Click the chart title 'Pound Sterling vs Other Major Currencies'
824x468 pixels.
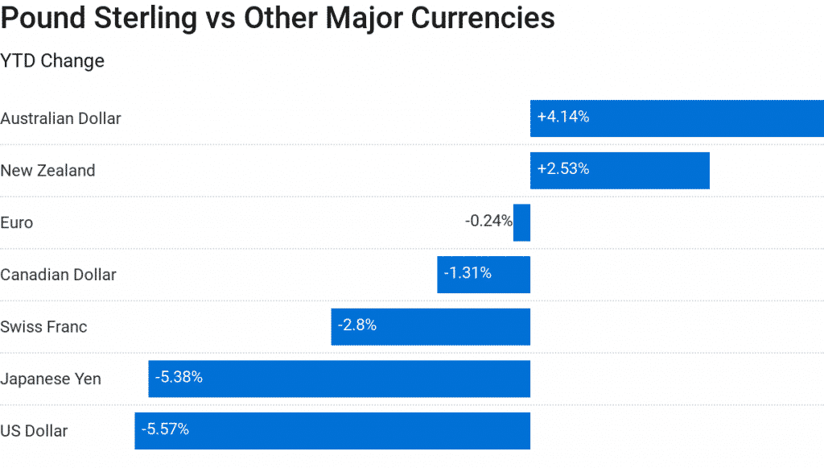278,18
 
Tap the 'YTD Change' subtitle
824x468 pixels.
52,60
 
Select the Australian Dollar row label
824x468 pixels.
60,118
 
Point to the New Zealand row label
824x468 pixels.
47,171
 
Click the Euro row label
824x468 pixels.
17,222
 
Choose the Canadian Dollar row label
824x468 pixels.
58,275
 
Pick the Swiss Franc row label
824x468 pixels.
43,327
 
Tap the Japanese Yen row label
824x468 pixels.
51,379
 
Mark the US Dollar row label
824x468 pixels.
34,431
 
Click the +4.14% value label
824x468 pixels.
563,117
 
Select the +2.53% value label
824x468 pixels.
563,169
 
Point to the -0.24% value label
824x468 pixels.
488,221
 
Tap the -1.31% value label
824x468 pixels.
468,273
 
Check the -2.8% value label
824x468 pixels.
357,325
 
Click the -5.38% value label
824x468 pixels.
179,377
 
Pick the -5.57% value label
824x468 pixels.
165,429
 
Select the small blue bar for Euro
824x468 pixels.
521,222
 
